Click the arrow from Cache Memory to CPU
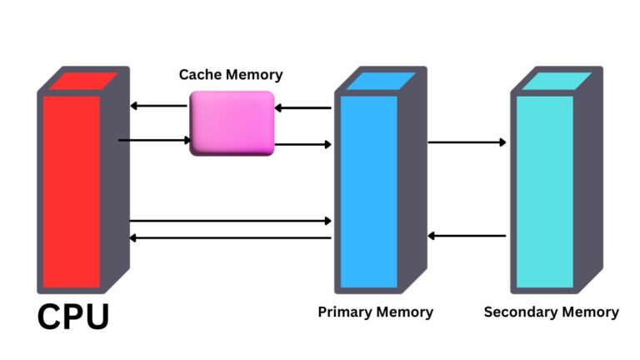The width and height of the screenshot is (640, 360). coord(158,106)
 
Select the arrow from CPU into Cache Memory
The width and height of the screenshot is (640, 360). coord(155,140)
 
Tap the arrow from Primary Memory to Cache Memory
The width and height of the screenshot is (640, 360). coord(303,107)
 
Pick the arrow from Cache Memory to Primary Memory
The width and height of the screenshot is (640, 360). coord(303,144)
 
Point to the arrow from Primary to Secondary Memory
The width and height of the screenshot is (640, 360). coord(467,142)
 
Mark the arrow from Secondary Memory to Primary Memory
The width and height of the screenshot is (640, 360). coord(467,236)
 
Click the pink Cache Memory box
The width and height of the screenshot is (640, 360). coord(232,123)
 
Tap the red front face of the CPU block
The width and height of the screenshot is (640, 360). coord(71,192)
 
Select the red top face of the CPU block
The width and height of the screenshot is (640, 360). coord(81,82)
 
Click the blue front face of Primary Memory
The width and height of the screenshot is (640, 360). coord(367,192)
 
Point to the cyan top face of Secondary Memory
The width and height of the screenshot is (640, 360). coord(555,82)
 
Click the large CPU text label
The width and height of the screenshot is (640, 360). coord(73,316)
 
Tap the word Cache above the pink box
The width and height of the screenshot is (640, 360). coord(200,75)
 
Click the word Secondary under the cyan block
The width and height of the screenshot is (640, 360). coord(519,312)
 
